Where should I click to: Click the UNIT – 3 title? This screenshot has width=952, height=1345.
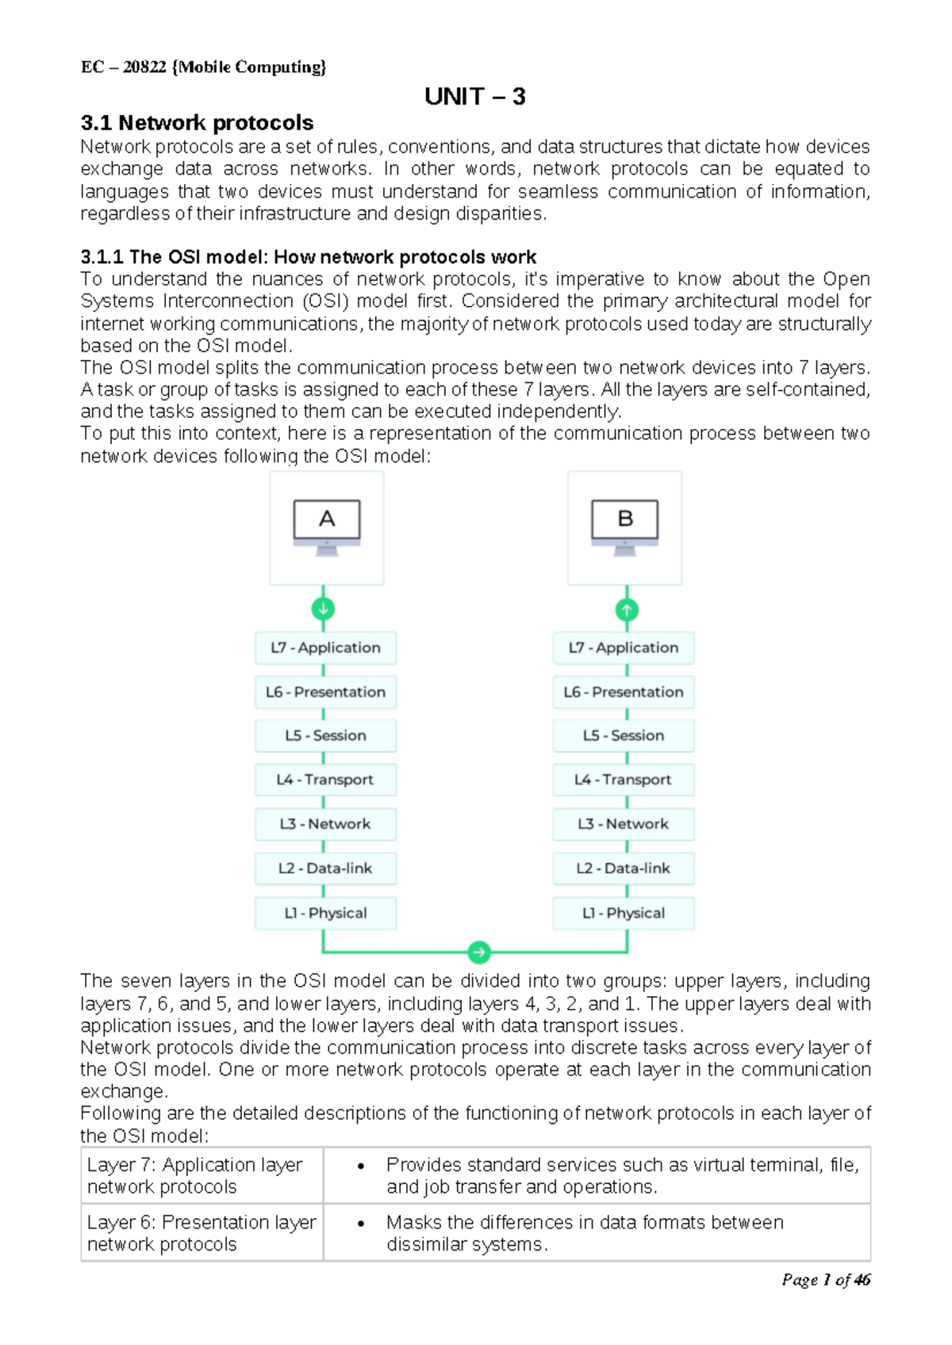pyautogui.click(x=474, y=97)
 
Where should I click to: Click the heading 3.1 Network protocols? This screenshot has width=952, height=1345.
pyautogui.click(x=197, y=123)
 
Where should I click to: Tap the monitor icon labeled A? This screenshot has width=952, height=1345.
pyautogui.click(x=327, y=526)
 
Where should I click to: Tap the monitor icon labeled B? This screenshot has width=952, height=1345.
pyautogui.click(x=625, y=526)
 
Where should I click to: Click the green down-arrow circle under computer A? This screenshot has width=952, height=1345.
pyautogui.click(x=323, y=609)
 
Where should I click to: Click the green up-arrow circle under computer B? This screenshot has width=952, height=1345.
pyautogui.click(x=627, y=610)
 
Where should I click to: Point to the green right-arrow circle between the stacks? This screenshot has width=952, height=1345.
pyautogui.click(x=478, y=952)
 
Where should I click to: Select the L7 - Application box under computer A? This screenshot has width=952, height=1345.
pyautogui.click(x=325, y=648)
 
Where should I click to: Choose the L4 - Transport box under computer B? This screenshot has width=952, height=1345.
pyautogui.click(x=623, y=780)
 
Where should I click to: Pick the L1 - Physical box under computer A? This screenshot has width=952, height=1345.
pyautogui.click(x=325, y=913)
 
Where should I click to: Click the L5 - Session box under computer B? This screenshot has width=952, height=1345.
pyautogui.click(x=623, y=736)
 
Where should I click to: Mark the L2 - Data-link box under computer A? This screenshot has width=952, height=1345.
pyautogui.click(x=325, y=868)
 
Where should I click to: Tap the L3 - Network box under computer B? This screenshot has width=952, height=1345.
pyautogui.click(x=623, y=824)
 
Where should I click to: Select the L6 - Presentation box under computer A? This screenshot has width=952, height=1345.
pyautogui.click(x=325, y=692)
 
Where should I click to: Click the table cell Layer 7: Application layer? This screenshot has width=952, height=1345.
pyautogui.click(x=195, y=1175)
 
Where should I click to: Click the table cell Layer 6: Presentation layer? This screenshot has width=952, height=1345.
pyautogui.click(x=202, y=1232)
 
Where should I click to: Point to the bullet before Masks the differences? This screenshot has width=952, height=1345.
pyautogui.click(x=361, y=1224)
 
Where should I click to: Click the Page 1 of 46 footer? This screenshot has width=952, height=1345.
pyautogui.click(x=825, y=1279)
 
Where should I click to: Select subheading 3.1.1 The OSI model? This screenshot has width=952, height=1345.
pyautogui.click(x=308, y=257)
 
